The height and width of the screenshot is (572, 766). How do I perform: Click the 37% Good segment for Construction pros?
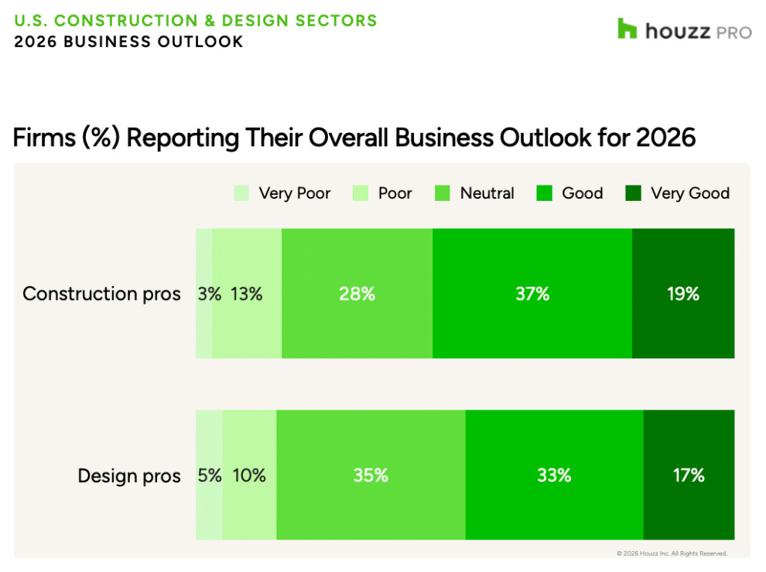pos(532,294)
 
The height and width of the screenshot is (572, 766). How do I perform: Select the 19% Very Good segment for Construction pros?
pos(683,294)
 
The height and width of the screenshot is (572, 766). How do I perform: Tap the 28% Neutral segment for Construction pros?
pos(357,294)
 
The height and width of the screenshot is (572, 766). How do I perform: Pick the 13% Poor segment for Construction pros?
pos(247,294)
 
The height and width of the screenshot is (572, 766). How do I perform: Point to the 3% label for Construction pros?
pos(209,294)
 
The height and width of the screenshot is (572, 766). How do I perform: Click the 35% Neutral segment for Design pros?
pos(371,475)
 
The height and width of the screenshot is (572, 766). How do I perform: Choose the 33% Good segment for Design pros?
pos(554,475)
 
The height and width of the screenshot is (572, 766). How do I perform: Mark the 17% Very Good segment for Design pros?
pos(689,475)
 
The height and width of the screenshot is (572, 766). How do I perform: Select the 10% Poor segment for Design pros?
pos(249,475)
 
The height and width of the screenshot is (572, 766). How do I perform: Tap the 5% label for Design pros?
pos(210,475)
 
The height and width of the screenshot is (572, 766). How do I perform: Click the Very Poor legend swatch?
pos(242,193)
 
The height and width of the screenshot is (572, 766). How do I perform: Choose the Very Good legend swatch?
pos(634,193)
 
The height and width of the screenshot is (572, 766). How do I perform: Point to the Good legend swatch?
pos(545,193)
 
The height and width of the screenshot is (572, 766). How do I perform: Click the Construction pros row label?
pos(101,294)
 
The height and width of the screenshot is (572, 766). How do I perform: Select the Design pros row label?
pos(129,475)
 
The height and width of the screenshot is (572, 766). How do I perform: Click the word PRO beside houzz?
pos(734,32)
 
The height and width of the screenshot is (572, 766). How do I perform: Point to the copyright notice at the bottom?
pos(672,553)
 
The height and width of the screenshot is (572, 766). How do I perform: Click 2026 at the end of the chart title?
pos(665,138)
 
